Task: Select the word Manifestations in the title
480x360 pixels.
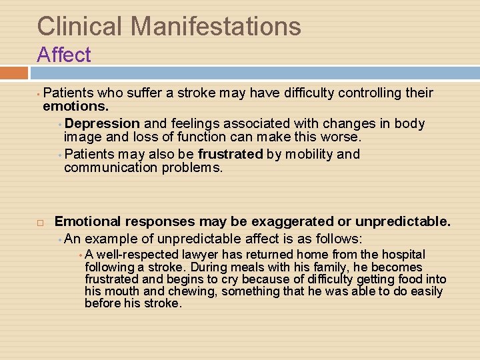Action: coord(216,27)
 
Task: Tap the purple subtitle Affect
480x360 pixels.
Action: coord(64,55)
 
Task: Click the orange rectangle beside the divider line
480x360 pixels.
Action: coord(13,73)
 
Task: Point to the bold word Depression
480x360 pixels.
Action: coord(103,124)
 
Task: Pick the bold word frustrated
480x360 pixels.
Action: coord(231,155)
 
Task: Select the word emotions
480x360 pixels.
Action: coord(75,107)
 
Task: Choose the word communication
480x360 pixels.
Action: coord(111,168)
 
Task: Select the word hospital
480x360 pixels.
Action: coord(402,255)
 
